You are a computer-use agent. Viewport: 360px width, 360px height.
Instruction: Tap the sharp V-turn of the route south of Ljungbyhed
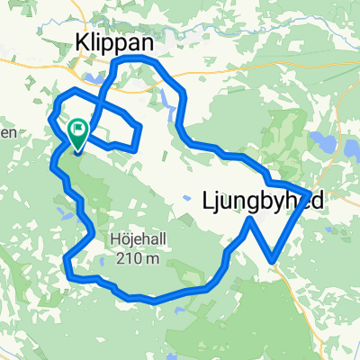tap(272, 262)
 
